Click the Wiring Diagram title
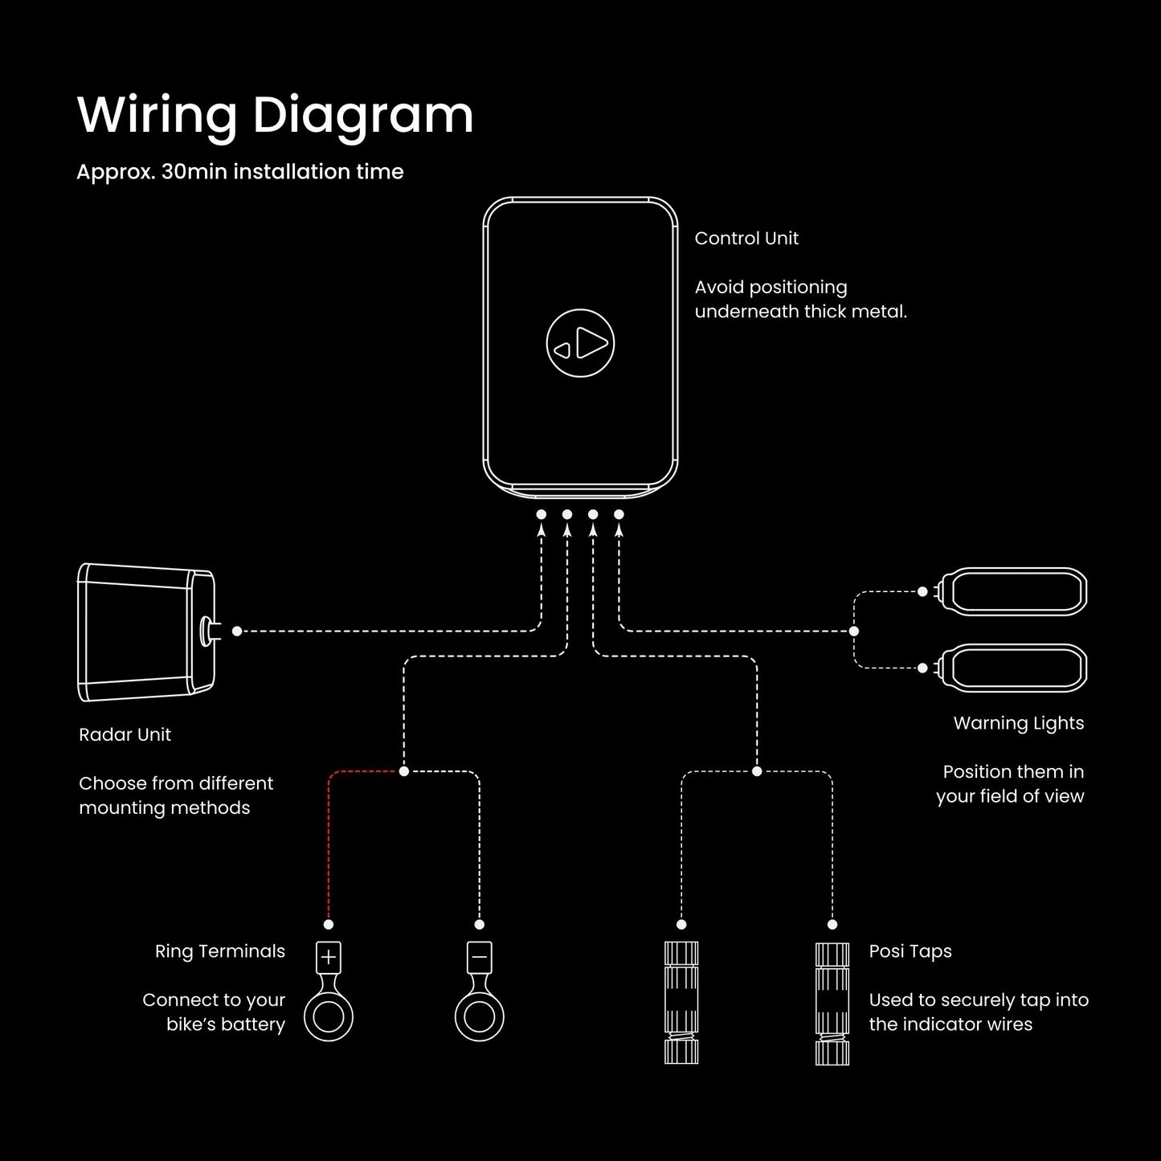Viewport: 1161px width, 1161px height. tap(275, 115)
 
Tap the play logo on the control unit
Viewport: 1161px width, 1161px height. tap(580, 344)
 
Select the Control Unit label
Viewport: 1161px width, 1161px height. tap(746, 239)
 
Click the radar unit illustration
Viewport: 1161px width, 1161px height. tap(145, 632)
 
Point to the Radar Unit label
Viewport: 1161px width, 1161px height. tap(125, 734)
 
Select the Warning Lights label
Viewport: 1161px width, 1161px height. tap(1018, 723)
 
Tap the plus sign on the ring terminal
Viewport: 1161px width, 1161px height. tap(329, 957)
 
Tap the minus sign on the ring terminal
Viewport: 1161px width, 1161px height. tap(479, 957)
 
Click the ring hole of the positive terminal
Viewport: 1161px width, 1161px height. tap(329, 1017)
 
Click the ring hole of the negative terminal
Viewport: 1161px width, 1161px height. tap(479, 1017)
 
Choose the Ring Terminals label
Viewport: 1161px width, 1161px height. tap(219, 951)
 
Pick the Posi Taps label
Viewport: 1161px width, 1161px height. tap(910, 951)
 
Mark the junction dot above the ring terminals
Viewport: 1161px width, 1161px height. tap(404, 771)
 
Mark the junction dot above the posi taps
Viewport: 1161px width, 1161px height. tap(757, 771)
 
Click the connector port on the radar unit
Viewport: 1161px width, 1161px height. tap(206, 631)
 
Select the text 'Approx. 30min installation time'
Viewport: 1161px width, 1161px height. tap(239, 172)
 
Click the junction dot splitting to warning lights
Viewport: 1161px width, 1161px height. tap(854, 632)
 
